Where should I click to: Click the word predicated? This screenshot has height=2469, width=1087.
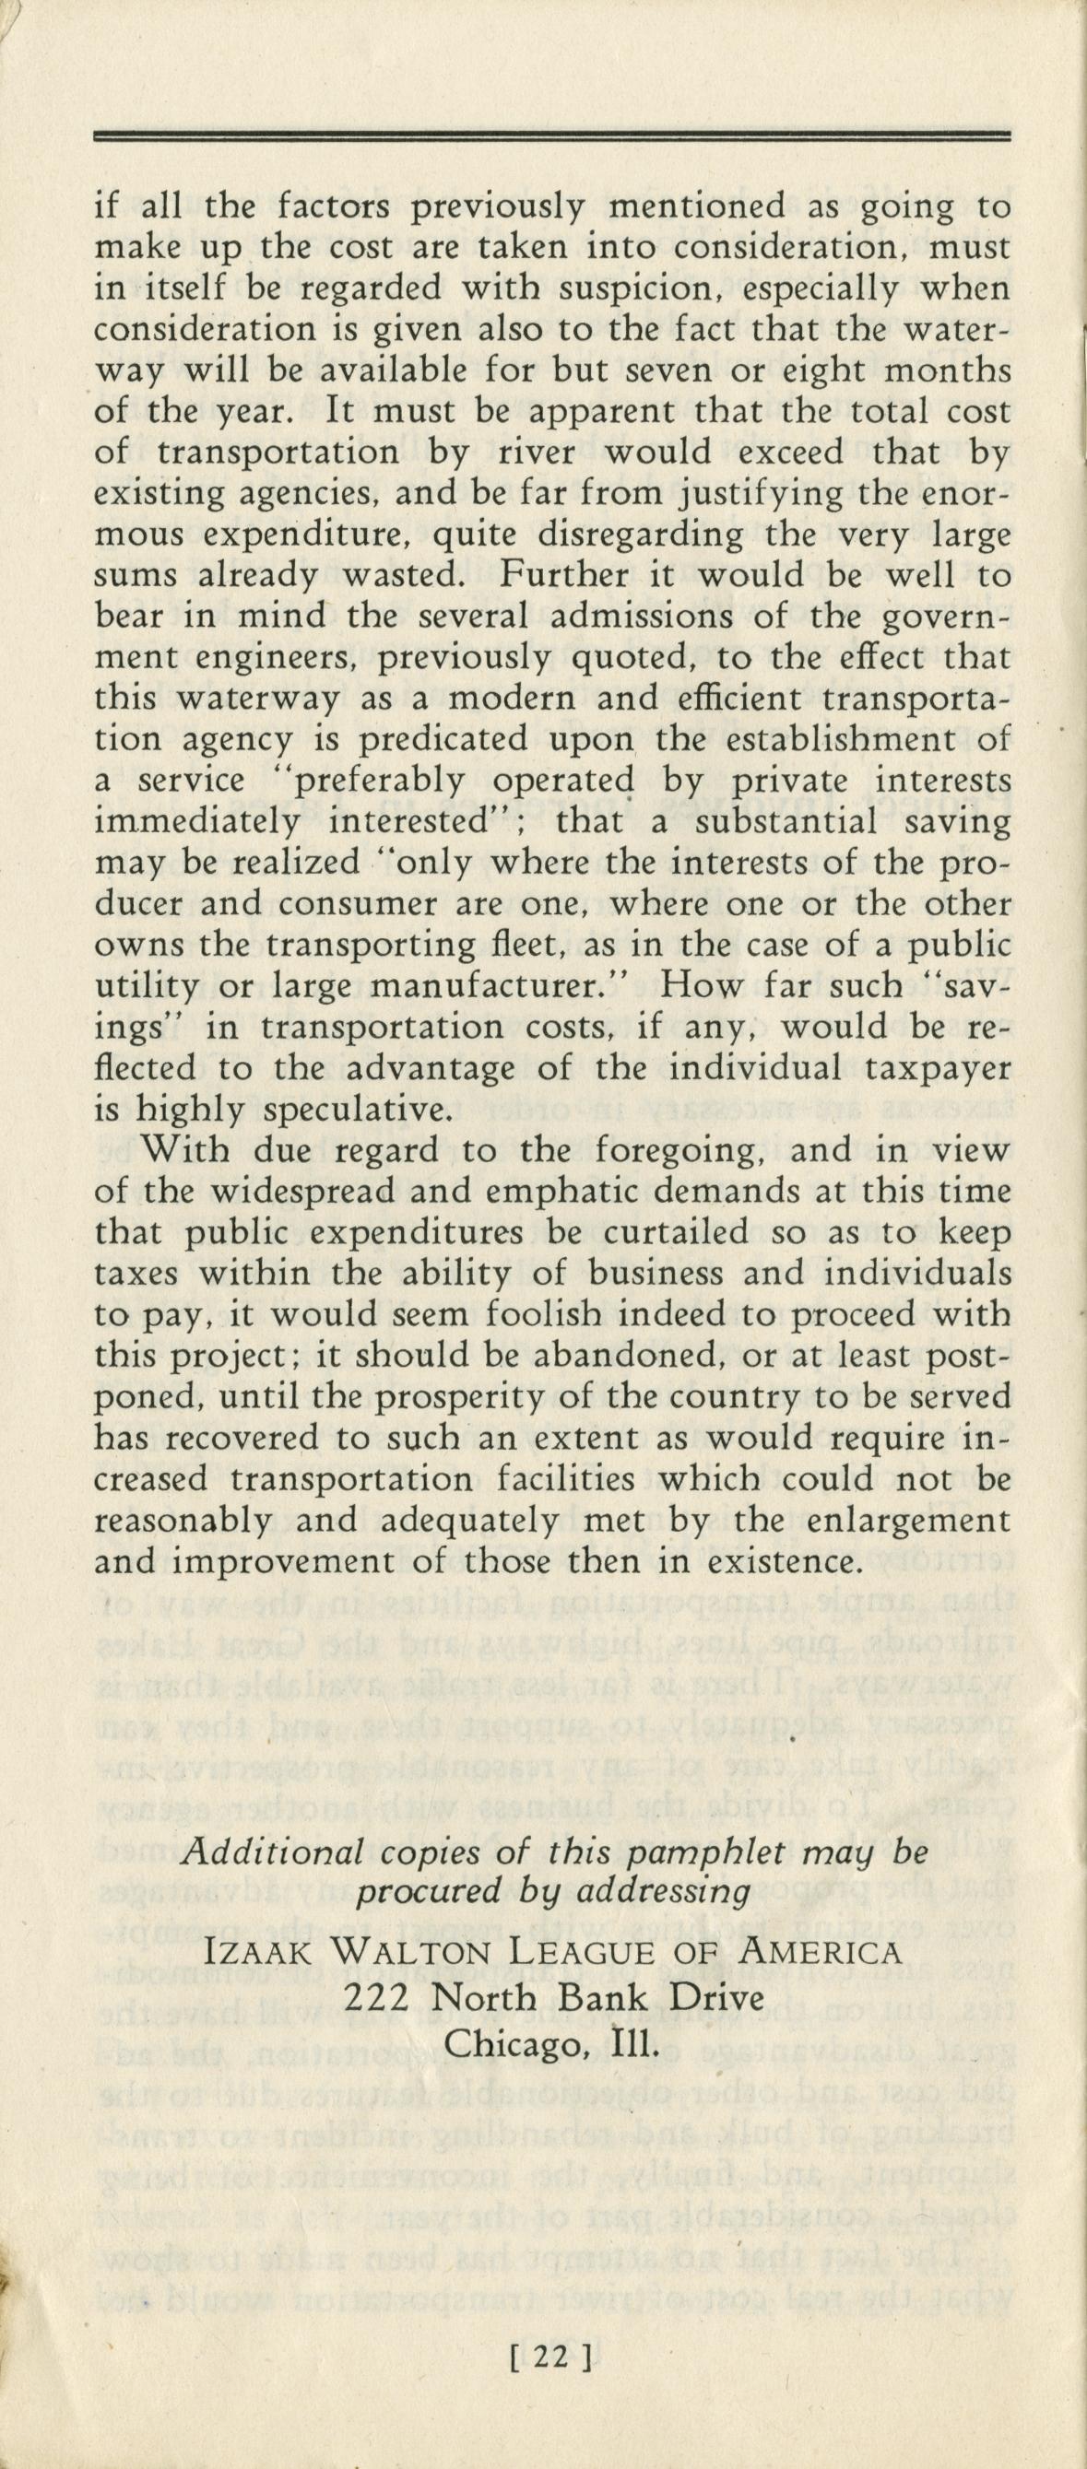click(x=444, y=743)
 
